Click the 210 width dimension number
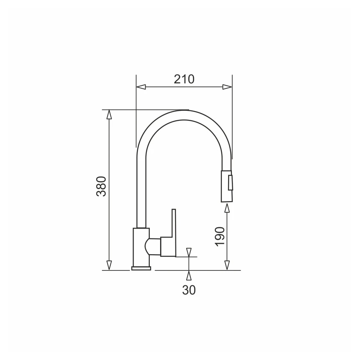click(184, 79)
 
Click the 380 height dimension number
click(102, 186)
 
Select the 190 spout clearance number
click(220, 236)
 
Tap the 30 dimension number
click(189, 290)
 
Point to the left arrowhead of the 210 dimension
click(141, 87)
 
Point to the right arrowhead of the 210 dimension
click(227, 87)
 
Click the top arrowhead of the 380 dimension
click(109, 114)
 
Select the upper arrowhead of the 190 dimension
click(227, 208)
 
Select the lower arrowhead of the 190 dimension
click(227, 265)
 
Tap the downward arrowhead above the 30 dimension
click(189, 252)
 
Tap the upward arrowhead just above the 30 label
click(189, 275)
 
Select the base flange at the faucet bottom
click(141, 268)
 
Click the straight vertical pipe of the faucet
click(141, 187)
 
